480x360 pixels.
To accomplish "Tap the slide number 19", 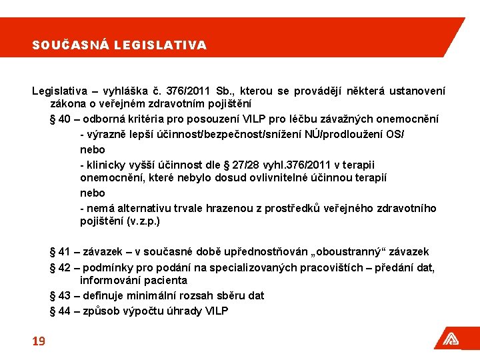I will coord(39,341).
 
